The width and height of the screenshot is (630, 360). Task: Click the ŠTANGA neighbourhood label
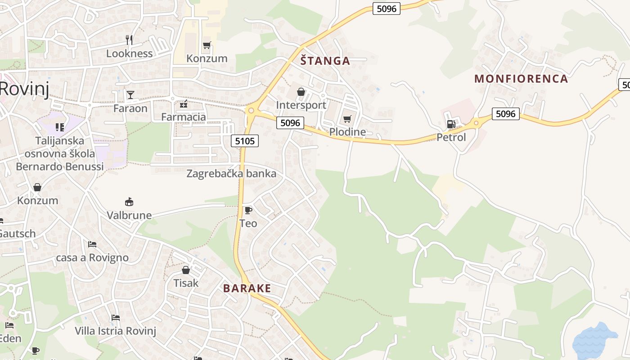click(x=325, y=61)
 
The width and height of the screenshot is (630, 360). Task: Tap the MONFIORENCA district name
click(x=521, y=79)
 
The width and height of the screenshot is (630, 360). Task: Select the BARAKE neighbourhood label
click(x=247, y=288)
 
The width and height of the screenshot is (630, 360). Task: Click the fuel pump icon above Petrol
click(x=450, y=124)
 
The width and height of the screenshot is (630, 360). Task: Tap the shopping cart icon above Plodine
click(x=347, y=119)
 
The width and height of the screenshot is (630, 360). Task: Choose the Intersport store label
click(x=301, y=105)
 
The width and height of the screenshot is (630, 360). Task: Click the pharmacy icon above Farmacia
click(x=183, y=104)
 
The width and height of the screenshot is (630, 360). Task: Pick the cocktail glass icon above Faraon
click(x=130, y=94)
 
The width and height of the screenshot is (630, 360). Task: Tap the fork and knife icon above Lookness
click(x=129, y=40)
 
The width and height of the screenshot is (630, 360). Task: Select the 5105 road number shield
click(x=245, y=141)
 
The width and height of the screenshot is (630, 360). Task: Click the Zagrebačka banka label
click(x=231, y=174)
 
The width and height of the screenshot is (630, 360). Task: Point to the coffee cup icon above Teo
click(x=248, y=210)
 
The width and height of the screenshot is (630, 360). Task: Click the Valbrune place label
click(x=129, y=215)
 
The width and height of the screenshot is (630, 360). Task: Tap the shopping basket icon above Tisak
click(x=186, y=270)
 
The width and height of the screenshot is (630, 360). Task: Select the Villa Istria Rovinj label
click(x=115, y=331)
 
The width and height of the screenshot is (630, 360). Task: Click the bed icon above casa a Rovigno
click(x=92, y=244)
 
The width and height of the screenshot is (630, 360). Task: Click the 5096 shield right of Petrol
click(x=505, y=114)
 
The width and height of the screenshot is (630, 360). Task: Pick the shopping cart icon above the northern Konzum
click(x=207, y=45)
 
